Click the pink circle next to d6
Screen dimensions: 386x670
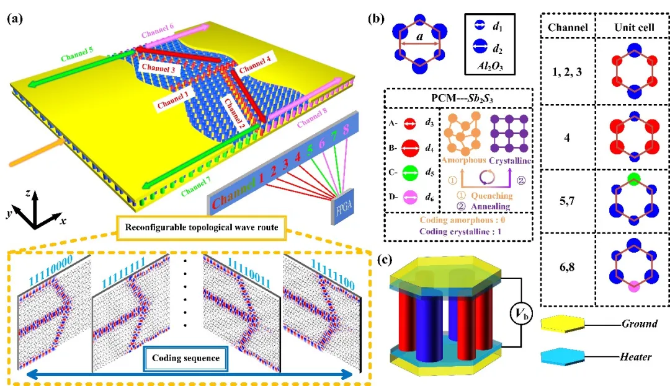(x=409, y=197)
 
